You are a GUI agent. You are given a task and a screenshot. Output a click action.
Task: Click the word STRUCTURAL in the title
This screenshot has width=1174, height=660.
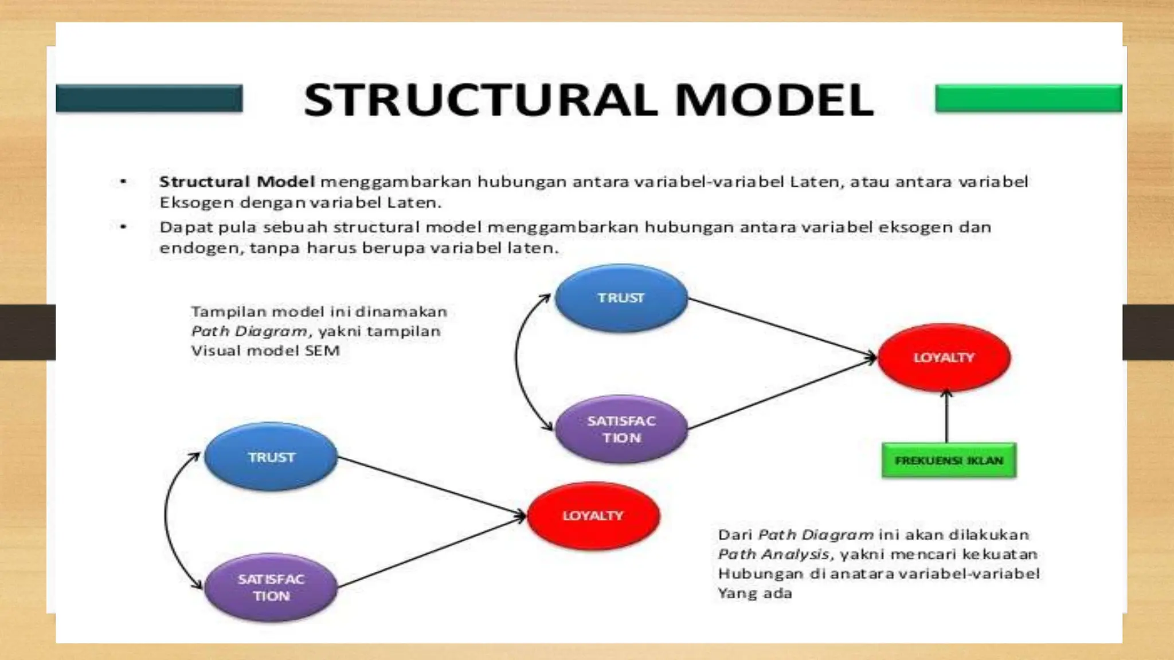480,100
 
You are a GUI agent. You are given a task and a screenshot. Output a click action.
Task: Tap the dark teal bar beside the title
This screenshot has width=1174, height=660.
149,98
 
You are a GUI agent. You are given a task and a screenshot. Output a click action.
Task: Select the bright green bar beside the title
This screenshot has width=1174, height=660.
1028,98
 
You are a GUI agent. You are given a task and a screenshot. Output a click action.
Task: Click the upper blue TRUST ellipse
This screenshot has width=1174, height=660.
621,298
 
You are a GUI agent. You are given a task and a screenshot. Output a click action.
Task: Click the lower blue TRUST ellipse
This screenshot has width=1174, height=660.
271,457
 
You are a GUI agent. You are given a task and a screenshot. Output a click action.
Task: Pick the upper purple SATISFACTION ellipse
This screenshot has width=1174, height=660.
621,429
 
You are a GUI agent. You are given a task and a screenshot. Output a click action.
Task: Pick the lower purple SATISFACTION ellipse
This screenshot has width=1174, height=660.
271,587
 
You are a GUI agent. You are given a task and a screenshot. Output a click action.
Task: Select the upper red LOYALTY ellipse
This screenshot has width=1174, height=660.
944,357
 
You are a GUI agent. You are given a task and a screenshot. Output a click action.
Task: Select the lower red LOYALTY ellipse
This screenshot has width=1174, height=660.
593,516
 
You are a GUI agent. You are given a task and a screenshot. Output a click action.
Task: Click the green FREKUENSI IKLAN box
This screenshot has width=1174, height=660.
949,461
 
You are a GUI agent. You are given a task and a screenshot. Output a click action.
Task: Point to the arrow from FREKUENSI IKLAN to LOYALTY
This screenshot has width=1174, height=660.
946,418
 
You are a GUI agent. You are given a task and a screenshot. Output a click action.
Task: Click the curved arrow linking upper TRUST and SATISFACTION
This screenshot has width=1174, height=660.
516,361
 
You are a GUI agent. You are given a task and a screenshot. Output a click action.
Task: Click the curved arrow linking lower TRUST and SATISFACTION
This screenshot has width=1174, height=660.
166,518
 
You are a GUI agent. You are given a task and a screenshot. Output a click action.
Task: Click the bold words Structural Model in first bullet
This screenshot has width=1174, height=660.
237,182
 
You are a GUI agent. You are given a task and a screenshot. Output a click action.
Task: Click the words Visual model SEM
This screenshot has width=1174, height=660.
265,351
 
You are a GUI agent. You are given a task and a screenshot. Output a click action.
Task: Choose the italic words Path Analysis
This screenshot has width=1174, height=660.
773,555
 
